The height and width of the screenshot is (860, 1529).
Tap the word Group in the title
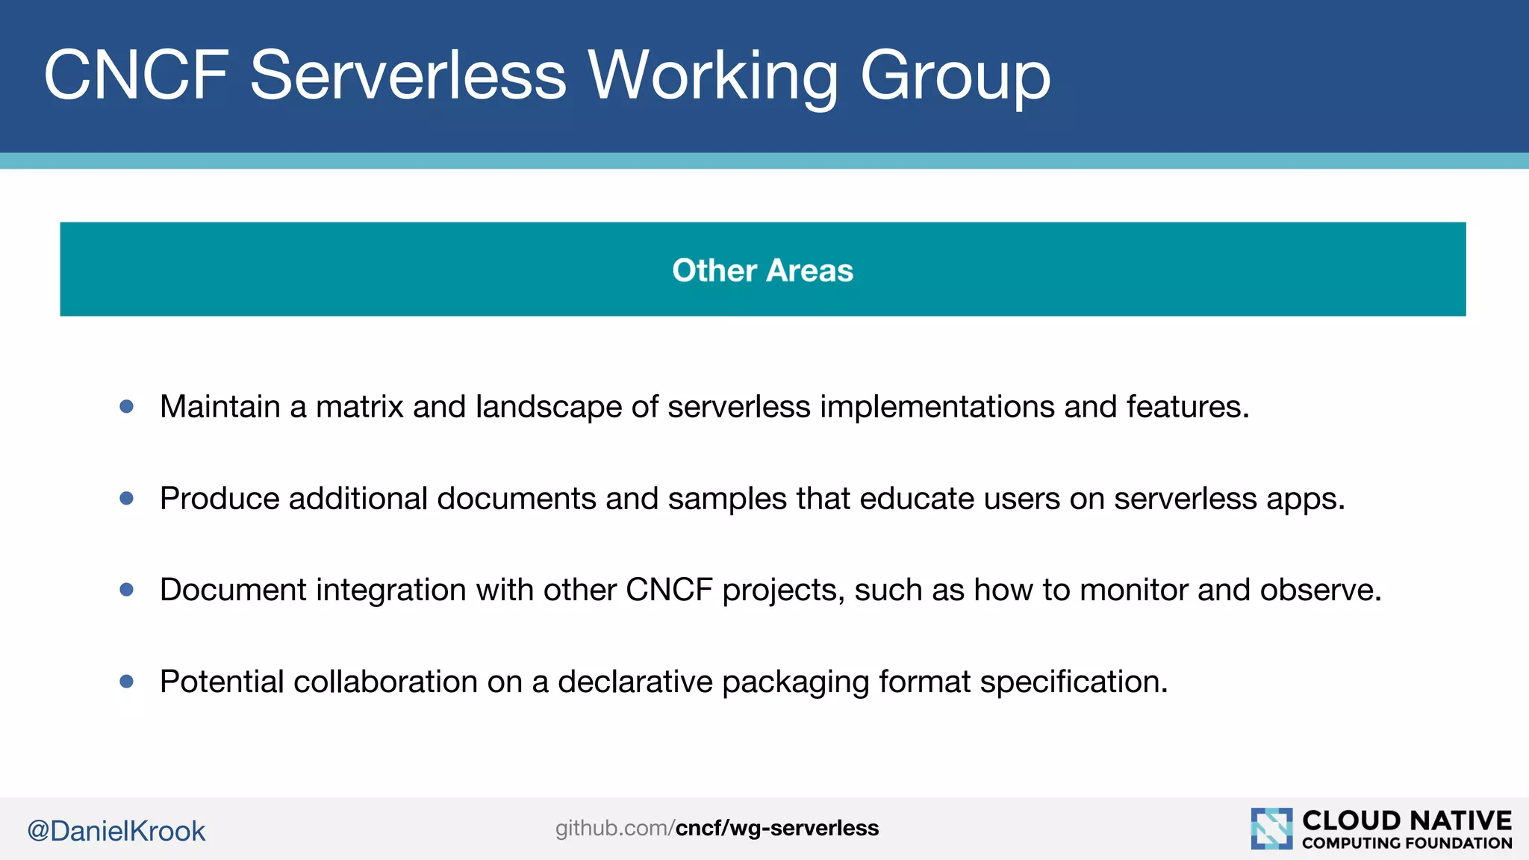(x=955, y=76)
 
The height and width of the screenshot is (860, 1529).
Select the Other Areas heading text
(x=762, y=270)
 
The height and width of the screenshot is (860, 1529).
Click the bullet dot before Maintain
(x=127, y=407)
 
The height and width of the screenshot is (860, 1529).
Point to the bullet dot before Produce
(x=127, y=498)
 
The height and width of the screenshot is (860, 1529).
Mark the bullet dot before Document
(x=127, y=590)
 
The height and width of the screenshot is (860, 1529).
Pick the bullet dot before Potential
(x=127, y=681)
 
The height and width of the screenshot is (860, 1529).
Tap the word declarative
(x=635, y=682)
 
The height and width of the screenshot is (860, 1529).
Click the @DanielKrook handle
(x=116, y=831)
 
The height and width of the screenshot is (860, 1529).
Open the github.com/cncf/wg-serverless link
(x=717, y=828)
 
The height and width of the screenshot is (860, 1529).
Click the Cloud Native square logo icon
(x=1271, y=829)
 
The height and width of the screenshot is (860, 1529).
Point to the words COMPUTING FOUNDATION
(x=1407, y=844)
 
